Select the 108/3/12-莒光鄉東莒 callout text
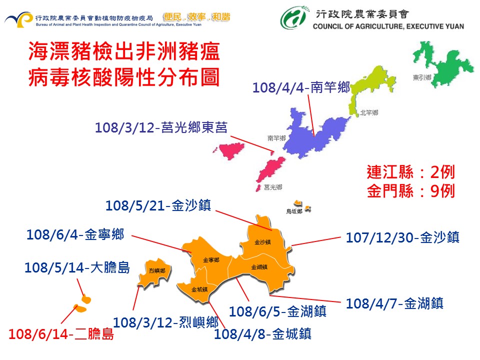click(161, 127)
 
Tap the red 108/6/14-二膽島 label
click(61, 334)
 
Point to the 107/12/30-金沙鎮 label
click(402, 237)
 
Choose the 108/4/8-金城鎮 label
click(262, 333)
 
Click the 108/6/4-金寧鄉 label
click(75, 233)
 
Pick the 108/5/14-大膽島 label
click(77, 268)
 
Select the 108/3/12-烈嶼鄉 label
click(166, 322)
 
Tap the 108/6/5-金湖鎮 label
click(278, 311)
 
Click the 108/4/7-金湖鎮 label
click(394, 303)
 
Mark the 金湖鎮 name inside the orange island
click(259, 266)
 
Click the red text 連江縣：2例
click(410, 173)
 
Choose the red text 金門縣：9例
click(410, 191)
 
